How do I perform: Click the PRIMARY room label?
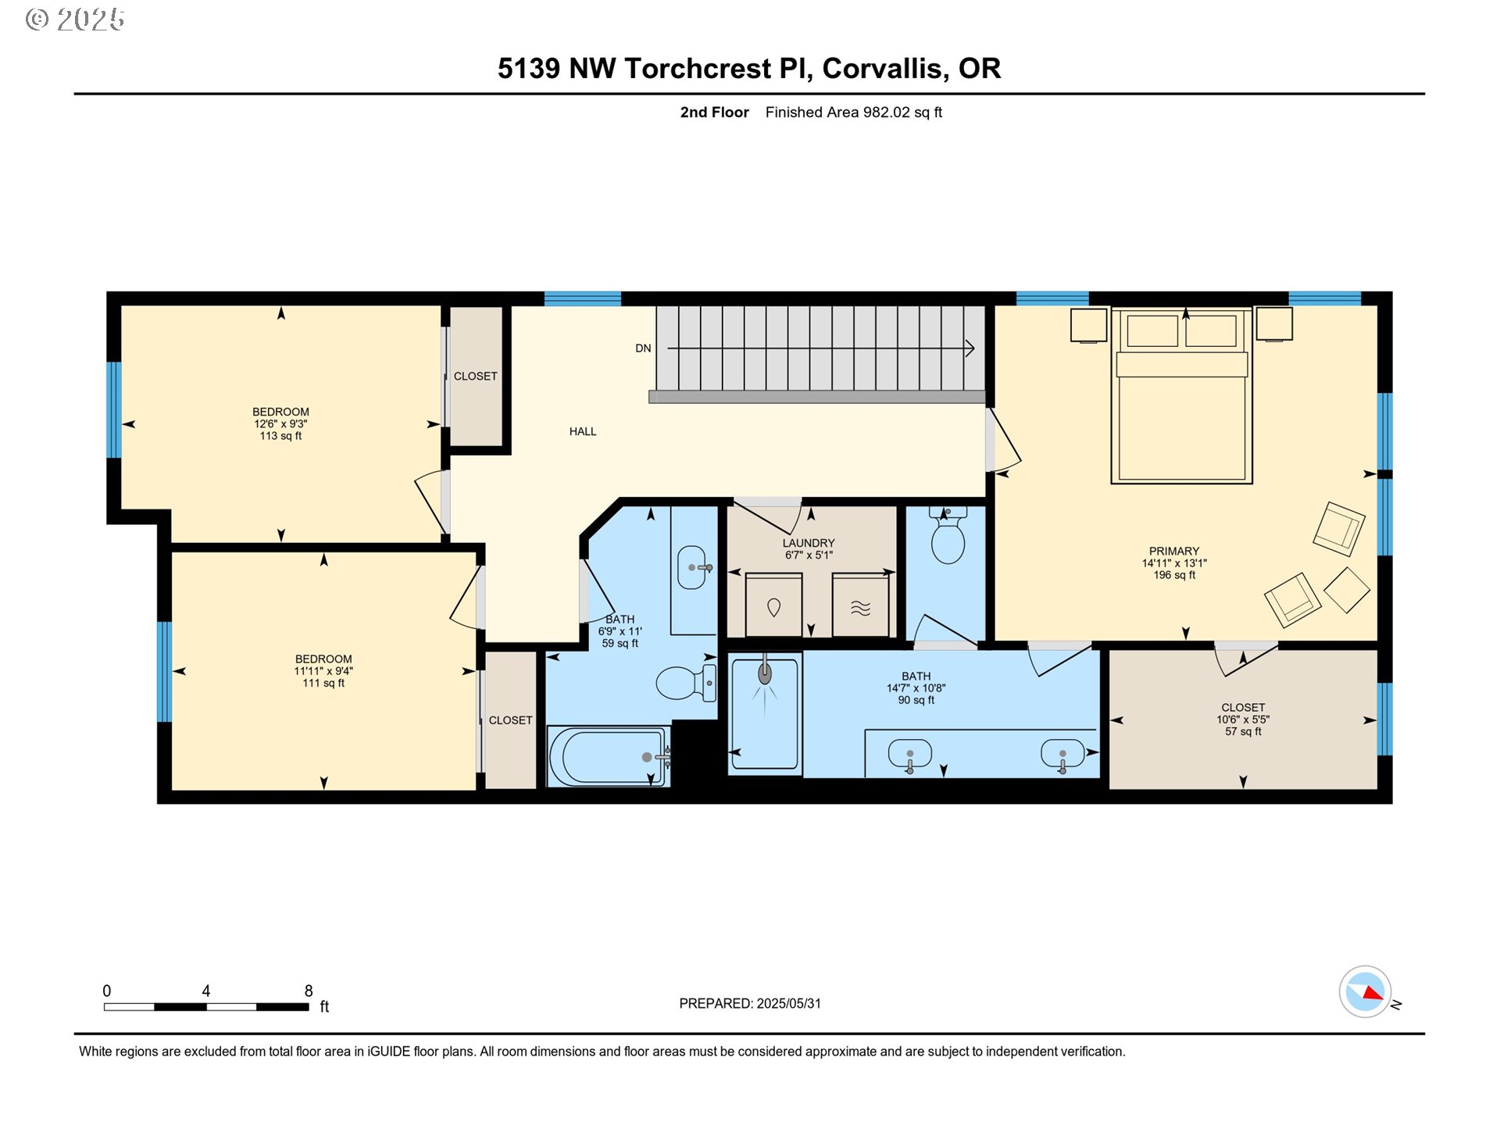(1173, 551)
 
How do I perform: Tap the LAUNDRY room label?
(809, 543)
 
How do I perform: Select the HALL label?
(583, 431)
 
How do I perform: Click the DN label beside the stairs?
(643, 348)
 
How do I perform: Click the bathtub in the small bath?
(607, 756)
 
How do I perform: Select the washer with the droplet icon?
(773, 606)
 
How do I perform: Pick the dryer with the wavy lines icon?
(860, 606)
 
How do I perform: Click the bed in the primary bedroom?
(1181, 406)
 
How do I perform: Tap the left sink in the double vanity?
(910, 755)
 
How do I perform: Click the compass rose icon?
(1365, 992)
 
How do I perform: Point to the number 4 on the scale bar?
(205, 991)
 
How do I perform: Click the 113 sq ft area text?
(280, 436)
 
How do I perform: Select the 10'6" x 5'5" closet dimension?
(1242, 720)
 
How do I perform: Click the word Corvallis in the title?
(885, 69)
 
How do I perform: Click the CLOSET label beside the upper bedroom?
(475, 377)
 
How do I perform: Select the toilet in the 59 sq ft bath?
(685, 682)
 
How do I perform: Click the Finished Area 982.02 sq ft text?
(853, 112)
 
